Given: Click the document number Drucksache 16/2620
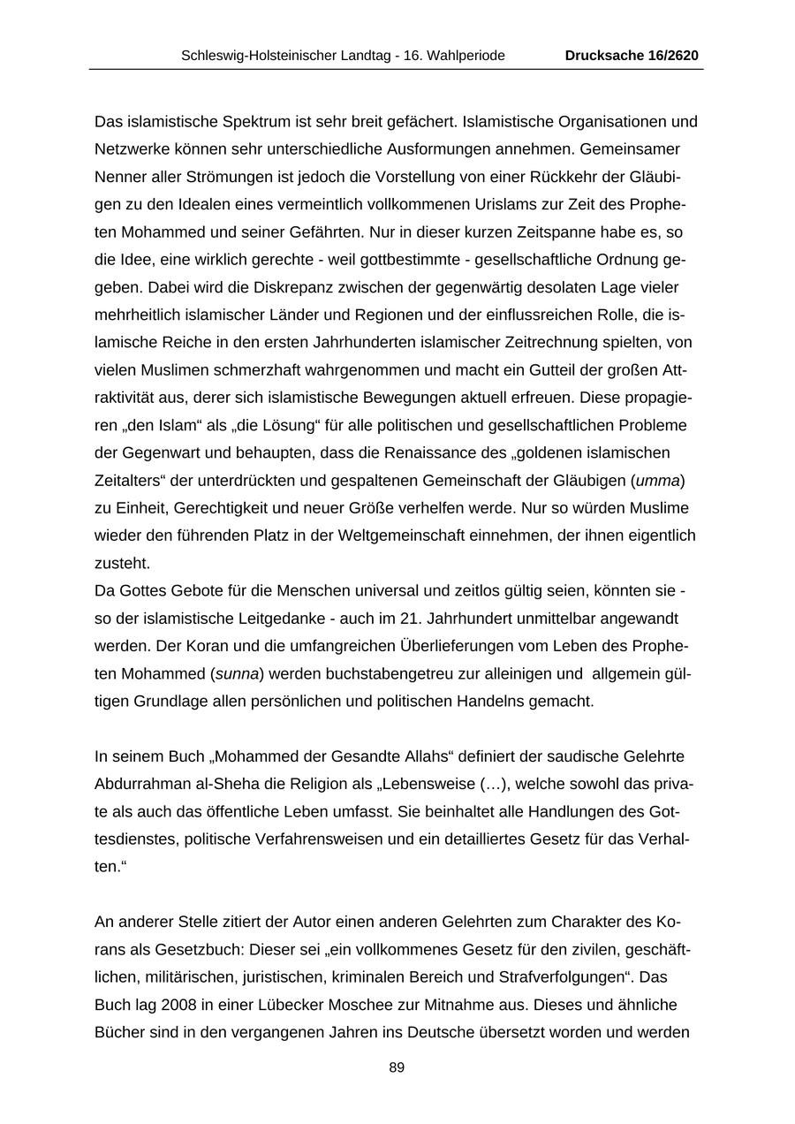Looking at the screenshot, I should click(x=632, y=56).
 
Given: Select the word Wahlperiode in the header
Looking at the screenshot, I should click(x=465, y=56).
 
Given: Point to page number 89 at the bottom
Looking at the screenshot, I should click(x=397, y=1067).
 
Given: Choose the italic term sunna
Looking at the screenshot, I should click(x=238, y=674).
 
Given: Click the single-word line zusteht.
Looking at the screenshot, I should click(x=123, y=563).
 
